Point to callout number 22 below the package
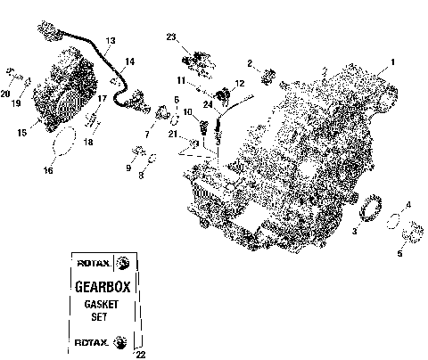pyautogui.click(x=139, y=355)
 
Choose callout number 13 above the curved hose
pyautogui.click(x=111, y=41)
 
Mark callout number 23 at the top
pyautogui.click(x=170, y=37)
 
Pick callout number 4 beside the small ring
pyautogui.click(x=409, y=206)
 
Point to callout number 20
pyautogui.click(x=5, y=92)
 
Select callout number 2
pyautogui.click(x=251, y=62)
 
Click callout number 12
pyautogui.click(x=239, y=83)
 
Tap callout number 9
pyautogui.click(x=128, y=167)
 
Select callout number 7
pyautogui.click(x=148, y=134)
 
